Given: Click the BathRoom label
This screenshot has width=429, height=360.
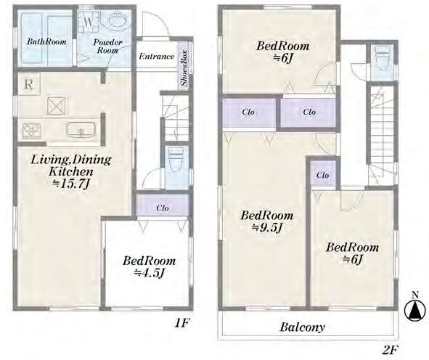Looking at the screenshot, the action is coord(46,41).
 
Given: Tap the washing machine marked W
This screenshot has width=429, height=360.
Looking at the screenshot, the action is coord(88,22).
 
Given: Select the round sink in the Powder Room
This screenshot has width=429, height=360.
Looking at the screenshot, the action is coord(118,20).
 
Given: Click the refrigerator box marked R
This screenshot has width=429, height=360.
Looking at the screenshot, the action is coord(29,83).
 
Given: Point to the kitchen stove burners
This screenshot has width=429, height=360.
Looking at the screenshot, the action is coord(31,130).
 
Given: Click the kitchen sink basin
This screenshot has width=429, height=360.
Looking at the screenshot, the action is coord(81,129).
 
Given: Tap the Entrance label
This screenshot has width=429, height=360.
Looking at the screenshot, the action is coord(157,57).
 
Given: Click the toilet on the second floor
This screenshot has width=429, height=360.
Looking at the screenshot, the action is coord(383,59).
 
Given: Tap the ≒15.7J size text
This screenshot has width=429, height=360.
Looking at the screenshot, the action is coord(72,184).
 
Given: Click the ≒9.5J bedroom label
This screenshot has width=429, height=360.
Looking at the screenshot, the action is coord(266,227).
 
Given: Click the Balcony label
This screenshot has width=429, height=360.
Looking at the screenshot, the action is coord(302,327).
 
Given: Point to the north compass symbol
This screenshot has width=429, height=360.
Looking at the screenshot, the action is coord(415,310).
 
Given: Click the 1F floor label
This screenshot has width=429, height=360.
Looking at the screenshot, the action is coord(182,324).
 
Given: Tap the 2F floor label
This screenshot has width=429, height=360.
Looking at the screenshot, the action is coord(390,350).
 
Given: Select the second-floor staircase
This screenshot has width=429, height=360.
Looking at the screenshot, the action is coord(382,134).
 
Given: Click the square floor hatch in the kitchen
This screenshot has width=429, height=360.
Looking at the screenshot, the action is coord(57,105).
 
